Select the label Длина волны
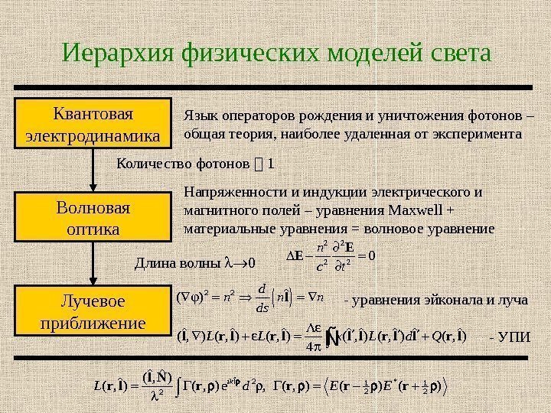pyautogui.click(x=174, y=265)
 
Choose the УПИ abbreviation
pyautogui.click(x=510, y=337)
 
